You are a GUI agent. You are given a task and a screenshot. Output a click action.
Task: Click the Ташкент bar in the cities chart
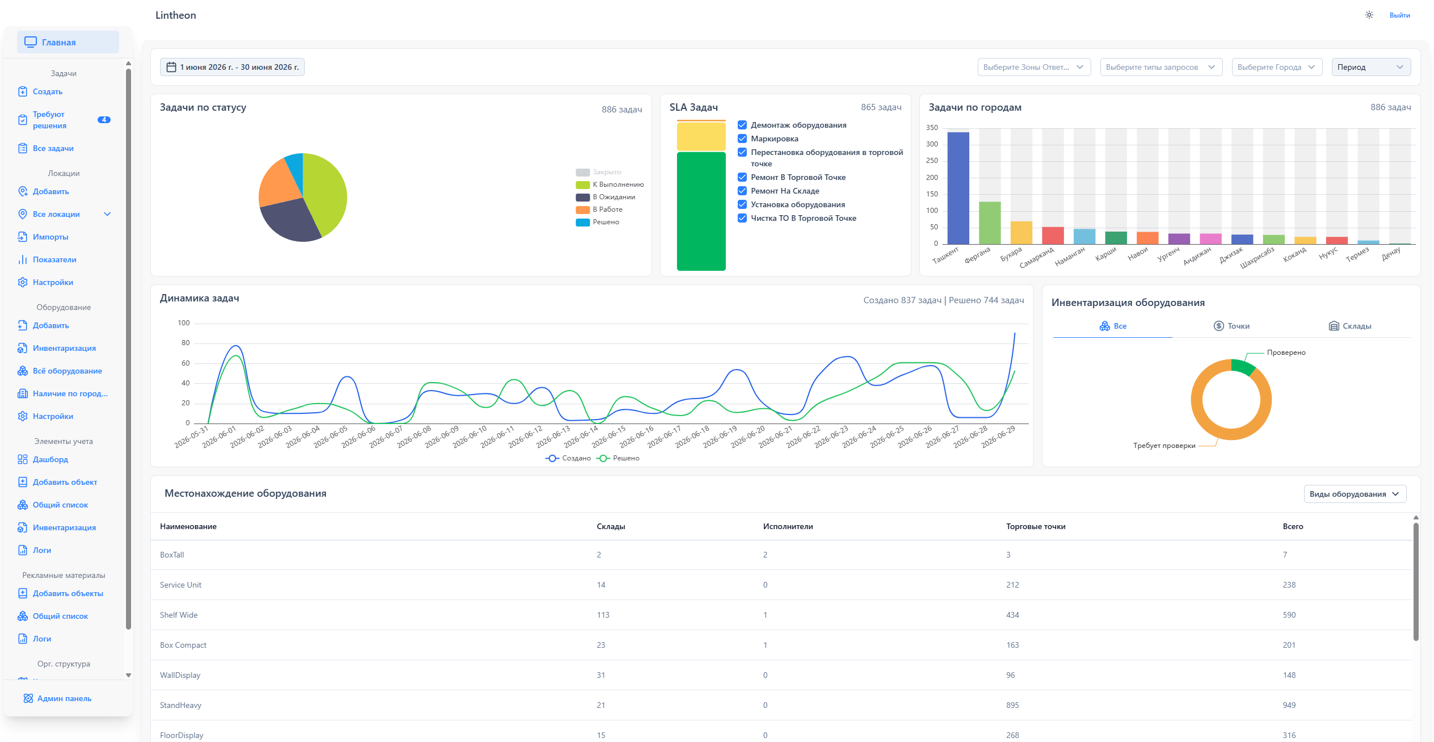tap(958, 188)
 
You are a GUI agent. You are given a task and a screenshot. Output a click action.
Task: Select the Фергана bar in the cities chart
tap(990, 223)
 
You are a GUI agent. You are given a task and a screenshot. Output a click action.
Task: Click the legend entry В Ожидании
tap(605, 197)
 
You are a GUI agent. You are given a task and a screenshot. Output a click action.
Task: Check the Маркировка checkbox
tap(742, 139)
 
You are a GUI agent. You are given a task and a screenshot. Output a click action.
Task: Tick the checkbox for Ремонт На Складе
tap(742, 191)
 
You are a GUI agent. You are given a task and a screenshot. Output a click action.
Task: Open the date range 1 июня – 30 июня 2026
tap(232, 67)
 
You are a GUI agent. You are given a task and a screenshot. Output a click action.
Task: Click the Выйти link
tap(1399, 15)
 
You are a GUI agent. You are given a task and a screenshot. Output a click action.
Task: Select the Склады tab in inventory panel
tap(1350, 326)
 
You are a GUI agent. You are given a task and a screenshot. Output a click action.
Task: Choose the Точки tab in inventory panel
tap(1231, 326)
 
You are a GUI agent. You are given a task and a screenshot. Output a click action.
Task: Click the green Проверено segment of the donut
tap(1243, 366)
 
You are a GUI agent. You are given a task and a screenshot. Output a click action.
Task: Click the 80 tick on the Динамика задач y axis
tap(186, 343)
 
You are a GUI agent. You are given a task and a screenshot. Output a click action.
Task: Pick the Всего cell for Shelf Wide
tap(1289, 615)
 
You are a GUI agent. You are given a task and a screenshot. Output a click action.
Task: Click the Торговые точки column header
tap(1036, 526)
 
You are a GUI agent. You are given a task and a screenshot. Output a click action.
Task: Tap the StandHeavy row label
tap(180, 705)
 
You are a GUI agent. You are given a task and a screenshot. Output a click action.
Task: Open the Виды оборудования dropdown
tap(1355, 494)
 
